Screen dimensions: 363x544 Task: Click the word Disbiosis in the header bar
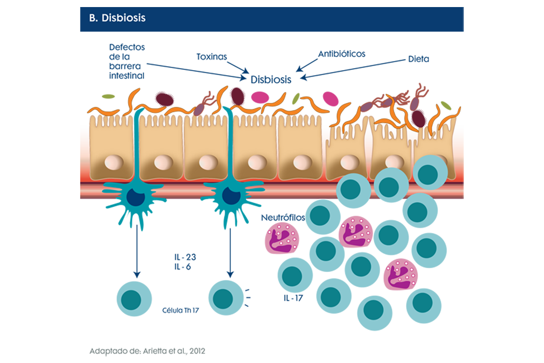[123, 18]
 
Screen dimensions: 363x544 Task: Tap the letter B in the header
[92, 18]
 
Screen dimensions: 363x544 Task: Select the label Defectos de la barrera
[126, 55]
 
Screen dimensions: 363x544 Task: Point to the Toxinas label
[212, 56]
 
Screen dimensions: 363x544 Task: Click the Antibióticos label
[342, 54]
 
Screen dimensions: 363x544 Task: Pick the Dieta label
[419, 58]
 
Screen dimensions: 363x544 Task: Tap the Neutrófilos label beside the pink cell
[283, 217]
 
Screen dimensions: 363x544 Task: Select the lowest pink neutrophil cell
[400, 274]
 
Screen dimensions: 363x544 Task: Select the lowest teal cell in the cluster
[373, 308]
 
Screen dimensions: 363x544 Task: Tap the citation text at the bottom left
[148, 351]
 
